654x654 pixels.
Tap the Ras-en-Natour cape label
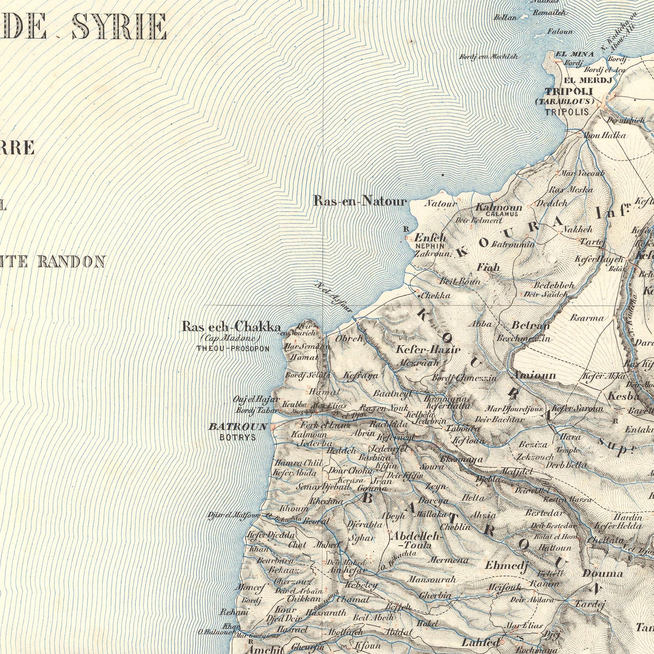360,201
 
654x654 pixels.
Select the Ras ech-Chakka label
231,327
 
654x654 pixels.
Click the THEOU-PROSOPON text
233,349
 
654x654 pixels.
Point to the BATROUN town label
238,427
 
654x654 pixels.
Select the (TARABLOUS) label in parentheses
565,101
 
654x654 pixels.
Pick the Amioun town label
535,375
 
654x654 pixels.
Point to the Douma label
602,574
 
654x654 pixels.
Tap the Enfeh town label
430,238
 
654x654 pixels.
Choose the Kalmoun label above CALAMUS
498,208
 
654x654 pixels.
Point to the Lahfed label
480,642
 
